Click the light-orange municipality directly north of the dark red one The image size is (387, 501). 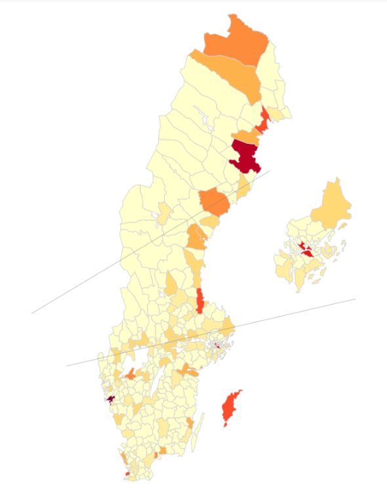coord(245,136)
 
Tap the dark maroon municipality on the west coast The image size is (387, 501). coord(111,399)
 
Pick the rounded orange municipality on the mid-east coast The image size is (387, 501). coord(215,200)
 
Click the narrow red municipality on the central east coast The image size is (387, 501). coord(200,301)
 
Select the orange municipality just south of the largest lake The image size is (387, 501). coord(131,374)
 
